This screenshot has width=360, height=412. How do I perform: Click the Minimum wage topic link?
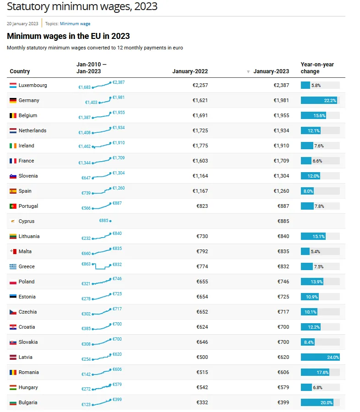(x=75, y=24)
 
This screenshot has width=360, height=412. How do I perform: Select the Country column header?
(x=20, y=71)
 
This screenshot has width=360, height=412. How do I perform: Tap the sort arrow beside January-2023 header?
(x=248, y=71)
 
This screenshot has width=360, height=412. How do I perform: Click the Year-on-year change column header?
(x=317, y=68)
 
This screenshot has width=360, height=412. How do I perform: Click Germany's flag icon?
(x=13, y=101)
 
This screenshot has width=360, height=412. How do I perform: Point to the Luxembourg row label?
(x=33, y=86)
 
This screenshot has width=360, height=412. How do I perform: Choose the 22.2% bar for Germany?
(x=319, y=101)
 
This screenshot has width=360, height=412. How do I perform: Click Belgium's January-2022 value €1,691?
(x=200, y=116)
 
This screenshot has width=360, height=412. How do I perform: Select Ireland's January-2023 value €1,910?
(x=281, y=146)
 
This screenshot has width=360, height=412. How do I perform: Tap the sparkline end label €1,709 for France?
(x=119, y=158)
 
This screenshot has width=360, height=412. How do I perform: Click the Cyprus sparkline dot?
(x=110, y=221)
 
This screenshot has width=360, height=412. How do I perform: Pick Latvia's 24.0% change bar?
(x=320, y=358)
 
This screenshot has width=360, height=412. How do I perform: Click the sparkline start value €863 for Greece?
(x=86, y=264)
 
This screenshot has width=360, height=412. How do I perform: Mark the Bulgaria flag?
(x=13, y=403)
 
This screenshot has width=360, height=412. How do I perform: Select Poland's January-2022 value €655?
(x=202, y=282)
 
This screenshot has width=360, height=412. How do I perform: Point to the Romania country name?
(x=29, y=373)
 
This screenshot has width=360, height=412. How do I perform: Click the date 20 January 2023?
(x=22, y=24)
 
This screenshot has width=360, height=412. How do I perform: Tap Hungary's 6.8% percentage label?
(x=317, y=388)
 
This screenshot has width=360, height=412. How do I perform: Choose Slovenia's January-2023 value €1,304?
(x=281, y=176)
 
